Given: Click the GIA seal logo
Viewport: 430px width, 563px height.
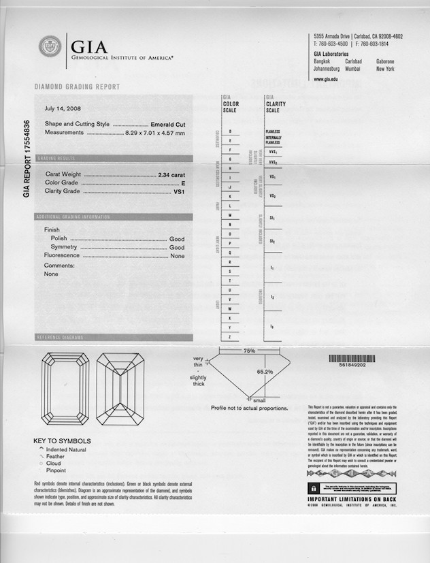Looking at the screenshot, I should (50, 48).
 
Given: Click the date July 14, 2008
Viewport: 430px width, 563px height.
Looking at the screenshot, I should (63, 108).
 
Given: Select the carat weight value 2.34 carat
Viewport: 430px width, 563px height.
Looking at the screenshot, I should (172, 175).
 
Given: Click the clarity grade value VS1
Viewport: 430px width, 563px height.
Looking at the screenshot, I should (180, 192).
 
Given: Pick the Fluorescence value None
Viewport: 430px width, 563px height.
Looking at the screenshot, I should (178, 256).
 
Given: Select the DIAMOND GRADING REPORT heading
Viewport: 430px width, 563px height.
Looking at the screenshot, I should (77, 87).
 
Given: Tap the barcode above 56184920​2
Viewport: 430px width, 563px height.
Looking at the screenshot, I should (352, 357).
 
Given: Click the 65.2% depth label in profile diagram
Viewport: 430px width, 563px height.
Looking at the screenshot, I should (265, 372).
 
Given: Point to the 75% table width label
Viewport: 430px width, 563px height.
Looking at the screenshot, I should (249, 351).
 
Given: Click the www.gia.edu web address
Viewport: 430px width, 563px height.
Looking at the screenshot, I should (327, 80).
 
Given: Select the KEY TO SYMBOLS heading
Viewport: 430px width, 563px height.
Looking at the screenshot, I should (62, 441).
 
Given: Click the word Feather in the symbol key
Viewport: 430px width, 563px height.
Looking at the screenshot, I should (56, 457).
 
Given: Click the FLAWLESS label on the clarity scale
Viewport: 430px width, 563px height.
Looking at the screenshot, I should (273, 131).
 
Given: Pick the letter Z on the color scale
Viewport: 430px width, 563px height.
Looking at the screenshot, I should (230, 337).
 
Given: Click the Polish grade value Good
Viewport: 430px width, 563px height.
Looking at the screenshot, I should (177, 240).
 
